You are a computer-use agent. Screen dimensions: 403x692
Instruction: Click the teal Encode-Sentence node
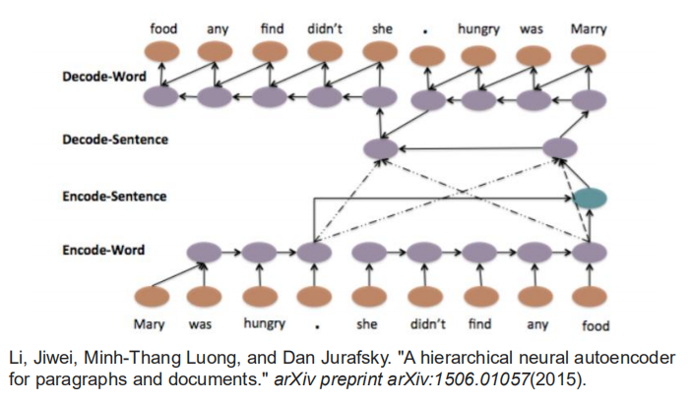click(590, 198)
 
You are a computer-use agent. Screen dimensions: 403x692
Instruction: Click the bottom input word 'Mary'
click(151, 324)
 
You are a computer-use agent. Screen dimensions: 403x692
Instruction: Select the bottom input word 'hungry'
click(264, 324)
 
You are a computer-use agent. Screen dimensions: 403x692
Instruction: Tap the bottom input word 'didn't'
click(427, 324)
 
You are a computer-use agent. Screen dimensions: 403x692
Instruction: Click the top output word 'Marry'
click(589, 29)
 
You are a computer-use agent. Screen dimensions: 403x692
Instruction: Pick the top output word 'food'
click(163, 29)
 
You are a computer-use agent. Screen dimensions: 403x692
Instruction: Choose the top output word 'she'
click(381, 29)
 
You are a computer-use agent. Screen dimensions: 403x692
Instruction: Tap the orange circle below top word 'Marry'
click(590, 55)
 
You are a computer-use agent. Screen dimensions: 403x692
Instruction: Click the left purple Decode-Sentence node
click(380, 149)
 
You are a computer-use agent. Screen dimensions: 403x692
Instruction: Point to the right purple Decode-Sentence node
click(558, 149)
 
